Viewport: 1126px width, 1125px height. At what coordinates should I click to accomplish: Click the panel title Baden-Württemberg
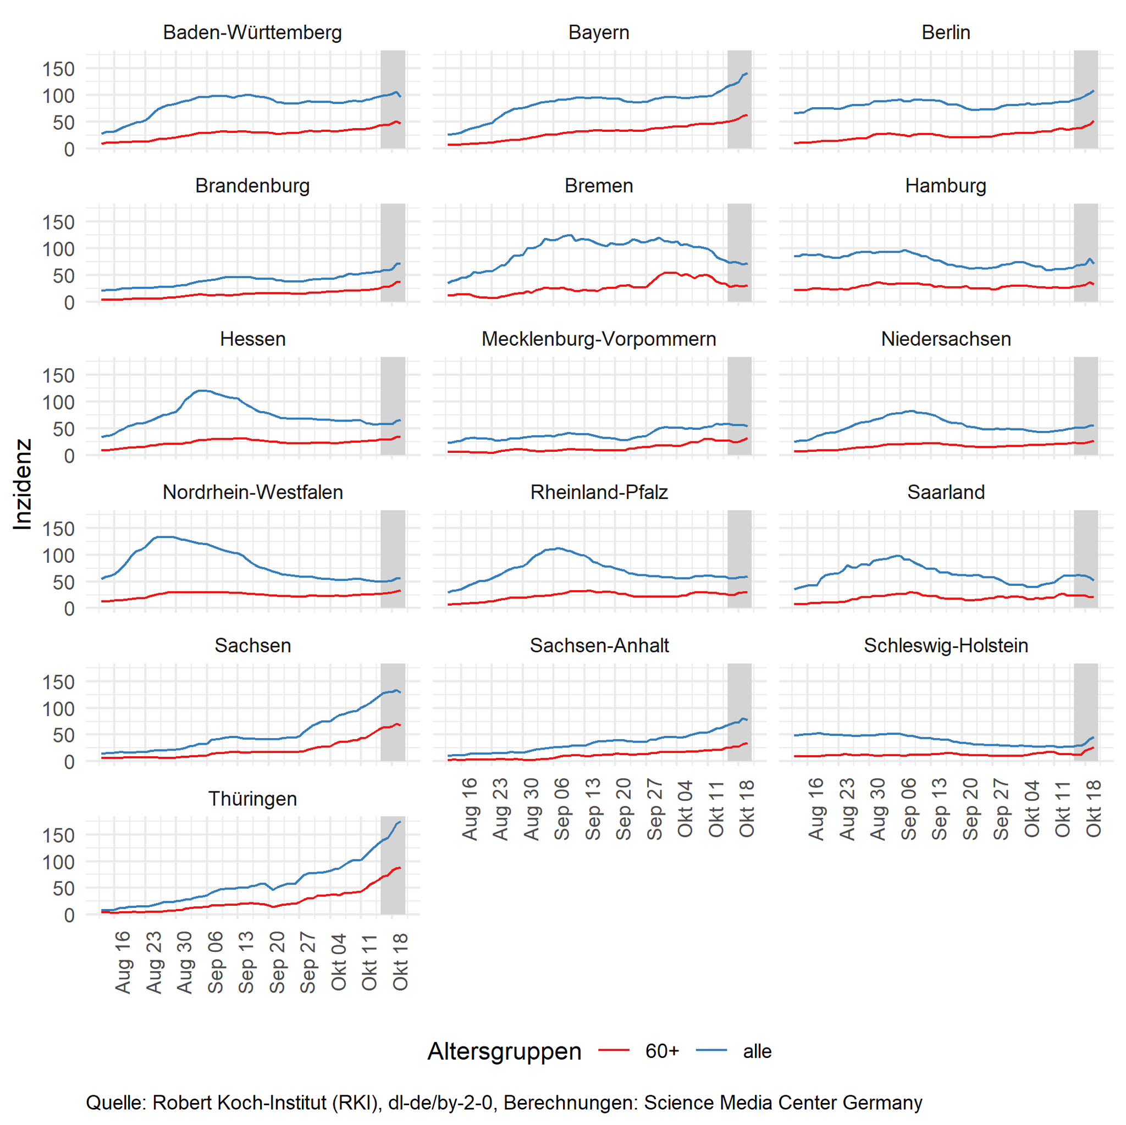click(x=252, y=32)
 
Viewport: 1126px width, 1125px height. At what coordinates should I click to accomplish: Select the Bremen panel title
click(x=599, y=185)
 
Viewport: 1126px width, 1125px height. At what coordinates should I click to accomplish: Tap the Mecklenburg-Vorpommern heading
click(x=599, y=339)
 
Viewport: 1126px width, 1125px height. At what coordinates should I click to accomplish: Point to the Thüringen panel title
click(x=252, y=798)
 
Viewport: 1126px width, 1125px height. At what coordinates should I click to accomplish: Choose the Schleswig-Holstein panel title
click(x=945, y=645)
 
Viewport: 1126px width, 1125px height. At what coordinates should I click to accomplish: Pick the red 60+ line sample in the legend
click(x=614, y=1050)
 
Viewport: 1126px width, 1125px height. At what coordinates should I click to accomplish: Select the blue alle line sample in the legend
click(x=711, y=1050)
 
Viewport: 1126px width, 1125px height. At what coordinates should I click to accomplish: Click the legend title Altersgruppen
click(x=504, y=1051)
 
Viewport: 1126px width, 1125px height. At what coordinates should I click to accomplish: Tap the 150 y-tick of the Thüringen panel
click(x=58, y=835)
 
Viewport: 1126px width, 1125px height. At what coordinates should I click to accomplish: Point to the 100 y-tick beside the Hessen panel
click(x=58, y=402)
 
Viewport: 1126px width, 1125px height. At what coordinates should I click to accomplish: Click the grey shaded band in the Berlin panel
click(x=1086, y=99)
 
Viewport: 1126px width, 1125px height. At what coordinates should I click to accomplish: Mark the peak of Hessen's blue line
click(x=202, y=390)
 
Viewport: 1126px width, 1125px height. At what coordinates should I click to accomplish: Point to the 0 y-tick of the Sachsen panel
click(x=69, y=762)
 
